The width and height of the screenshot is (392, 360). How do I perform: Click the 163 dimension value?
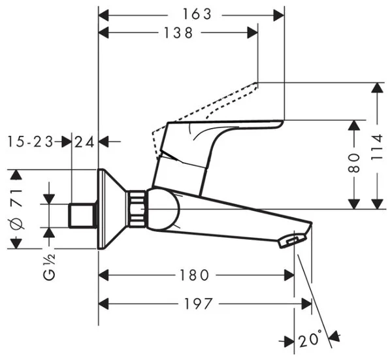click(197, 14)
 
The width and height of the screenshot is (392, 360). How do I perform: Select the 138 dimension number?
click(178, 33)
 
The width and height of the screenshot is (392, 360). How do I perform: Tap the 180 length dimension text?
click(194, 275)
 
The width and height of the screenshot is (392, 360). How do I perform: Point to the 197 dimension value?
click(198, 304)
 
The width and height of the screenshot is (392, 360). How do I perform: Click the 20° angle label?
click(310, 338)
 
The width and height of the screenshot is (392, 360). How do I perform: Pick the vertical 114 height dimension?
click(377, 147)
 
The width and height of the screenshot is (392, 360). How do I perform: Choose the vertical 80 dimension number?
click(354, 163)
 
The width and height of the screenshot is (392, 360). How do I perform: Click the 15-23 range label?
click(31, 142)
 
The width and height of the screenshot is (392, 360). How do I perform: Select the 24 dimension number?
click(84, 142)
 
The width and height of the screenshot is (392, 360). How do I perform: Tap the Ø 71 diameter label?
click(16, 209)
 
